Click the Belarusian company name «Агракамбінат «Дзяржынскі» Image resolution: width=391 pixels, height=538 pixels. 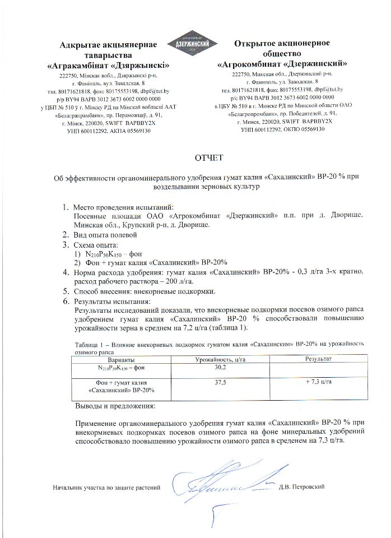coord(109,66)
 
